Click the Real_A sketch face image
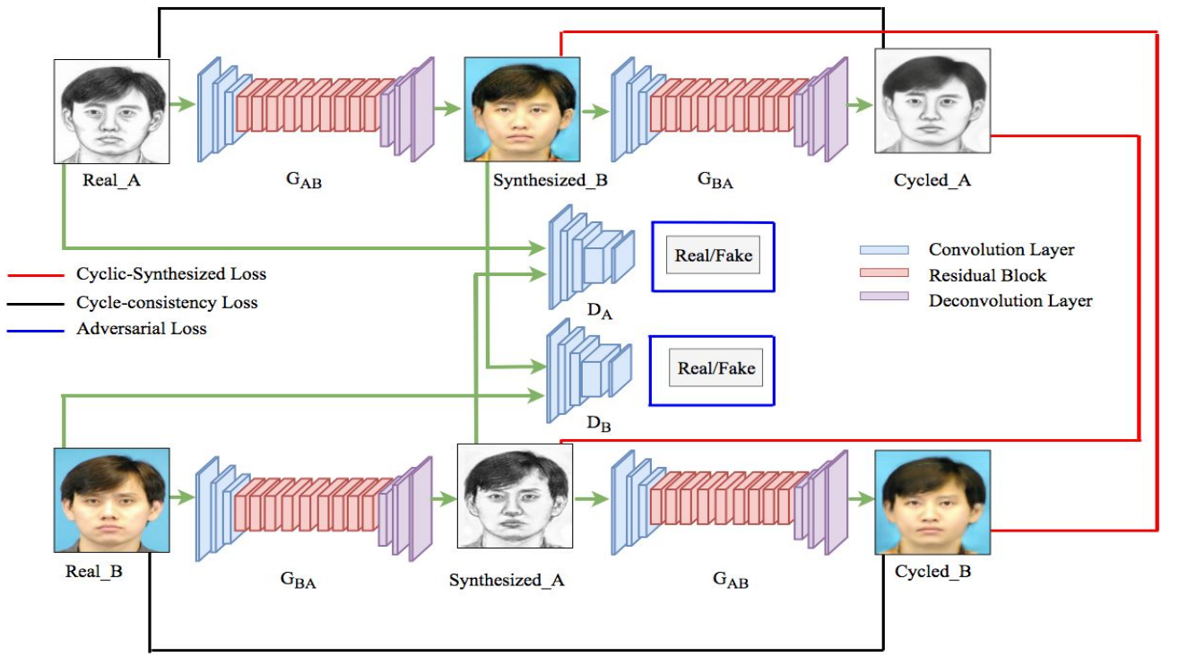tap(111, 111)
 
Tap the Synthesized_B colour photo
tap(522, 109)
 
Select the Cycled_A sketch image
tap(932, 101)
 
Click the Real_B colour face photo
tap(111, 500)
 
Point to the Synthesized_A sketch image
tap(515, 496)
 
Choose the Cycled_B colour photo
tap(932, 503)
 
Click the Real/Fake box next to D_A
tap(713, 256)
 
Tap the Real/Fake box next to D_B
tap(715, 368)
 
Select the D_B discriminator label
tap(598, 423)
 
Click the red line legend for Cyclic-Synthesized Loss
tap(36, 275)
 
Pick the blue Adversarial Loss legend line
tap(36, 330)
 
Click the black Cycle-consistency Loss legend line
tap(36, 303)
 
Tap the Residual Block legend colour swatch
tap(883, 273)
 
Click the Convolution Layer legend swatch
tap(883, 250)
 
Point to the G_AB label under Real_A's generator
tap(304, 182)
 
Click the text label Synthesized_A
tap(507, 581)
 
